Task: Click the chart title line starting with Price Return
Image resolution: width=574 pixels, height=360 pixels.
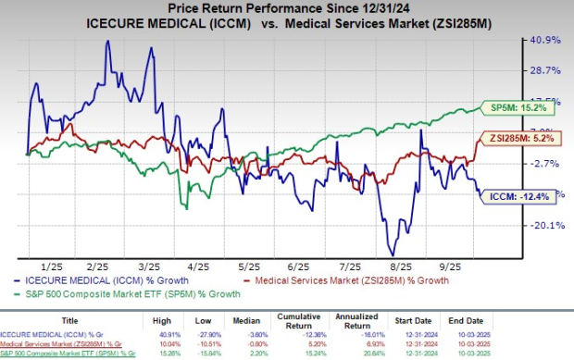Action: point(285,9)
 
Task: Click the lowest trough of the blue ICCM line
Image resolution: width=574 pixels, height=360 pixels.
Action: point(393,255)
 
